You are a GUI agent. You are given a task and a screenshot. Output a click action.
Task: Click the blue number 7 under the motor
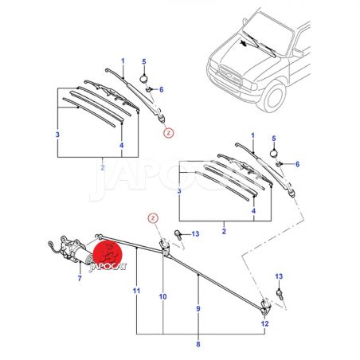click(x=80, y=279)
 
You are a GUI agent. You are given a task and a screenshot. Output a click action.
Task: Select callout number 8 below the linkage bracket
click(x=198, y=344)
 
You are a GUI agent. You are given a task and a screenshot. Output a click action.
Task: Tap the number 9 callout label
click(x=198, y=309)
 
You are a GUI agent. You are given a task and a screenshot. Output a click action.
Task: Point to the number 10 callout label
click(x=162, y=296)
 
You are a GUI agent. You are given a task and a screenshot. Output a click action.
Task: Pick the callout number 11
click(x=136, y=291)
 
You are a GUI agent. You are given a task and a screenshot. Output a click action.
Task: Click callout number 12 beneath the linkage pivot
click(x=264, y=323)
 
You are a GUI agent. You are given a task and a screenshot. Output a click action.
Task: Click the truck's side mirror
click(x=298, y=53)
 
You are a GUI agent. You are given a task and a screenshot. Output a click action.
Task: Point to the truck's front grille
click(x=229, y=73)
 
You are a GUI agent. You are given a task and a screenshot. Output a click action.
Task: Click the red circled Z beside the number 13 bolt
click(x=153, y=218)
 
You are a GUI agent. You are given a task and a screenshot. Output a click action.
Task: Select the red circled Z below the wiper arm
click(x=169, y=132)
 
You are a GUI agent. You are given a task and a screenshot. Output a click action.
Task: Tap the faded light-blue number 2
click(x=103, y=167)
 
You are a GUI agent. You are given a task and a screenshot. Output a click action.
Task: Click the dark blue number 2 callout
click(x=224, y=231)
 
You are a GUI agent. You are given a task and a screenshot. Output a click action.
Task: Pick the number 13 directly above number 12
click(x=279, y=276)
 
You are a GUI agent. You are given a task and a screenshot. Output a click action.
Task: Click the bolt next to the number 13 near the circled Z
click(x=178, y=235)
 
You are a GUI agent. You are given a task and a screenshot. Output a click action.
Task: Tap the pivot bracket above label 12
click(x=265, y=306)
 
